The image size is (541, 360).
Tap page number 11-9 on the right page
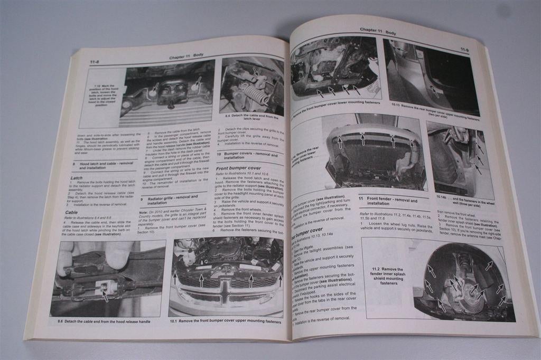[464, 50]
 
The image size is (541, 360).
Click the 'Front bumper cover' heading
[238, 168]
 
